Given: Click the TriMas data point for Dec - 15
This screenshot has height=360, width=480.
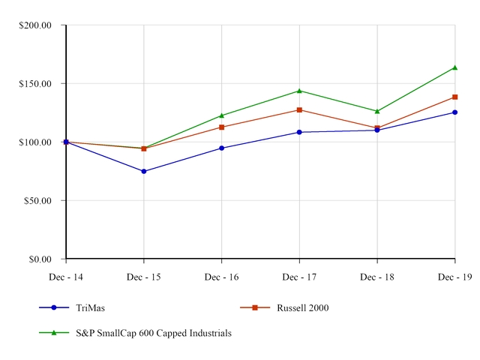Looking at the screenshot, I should coord(144,171).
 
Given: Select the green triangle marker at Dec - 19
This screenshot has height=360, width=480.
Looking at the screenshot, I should coord(454,67).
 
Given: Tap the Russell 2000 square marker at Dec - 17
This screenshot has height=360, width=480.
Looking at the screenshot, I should coord(299,110).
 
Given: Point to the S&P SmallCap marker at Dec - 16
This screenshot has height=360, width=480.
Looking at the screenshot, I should coord(221,115).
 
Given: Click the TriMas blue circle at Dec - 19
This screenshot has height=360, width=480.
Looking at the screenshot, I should coord(454,112).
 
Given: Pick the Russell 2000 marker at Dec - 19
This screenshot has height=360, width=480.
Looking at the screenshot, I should coord(454,97).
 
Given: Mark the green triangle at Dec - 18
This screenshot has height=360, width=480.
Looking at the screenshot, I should coord(377,111).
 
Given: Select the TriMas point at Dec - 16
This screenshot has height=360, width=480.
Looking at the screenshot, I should coord(221,148).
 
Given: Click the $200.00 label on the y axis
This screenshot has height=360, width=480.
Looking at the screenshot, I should coord(34,25).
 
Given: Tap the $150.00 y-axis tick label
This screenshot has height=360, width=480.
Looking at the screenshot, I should coord(34,84).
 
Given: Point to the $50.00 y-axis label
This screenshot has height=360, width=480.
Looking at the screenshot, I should coord(37,201).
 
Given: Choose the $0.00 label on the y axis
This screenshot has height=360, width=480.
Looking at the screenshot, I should coord(39,259).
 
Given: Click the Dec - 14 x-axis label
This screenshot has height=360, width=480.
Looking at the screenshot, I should coord(66,277).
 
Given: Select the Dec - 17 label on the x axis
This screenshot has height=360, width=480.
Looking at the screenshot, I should coord(299,277).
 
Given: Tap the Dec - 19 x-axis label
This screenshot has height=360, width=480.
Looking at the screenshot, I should coord(454,277).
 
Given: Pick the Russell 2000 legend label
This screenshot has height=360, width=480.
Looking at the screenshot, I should coord(302,307).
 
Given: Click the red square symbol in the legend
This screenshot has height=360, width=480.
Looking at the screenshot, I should coord(255,307).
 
